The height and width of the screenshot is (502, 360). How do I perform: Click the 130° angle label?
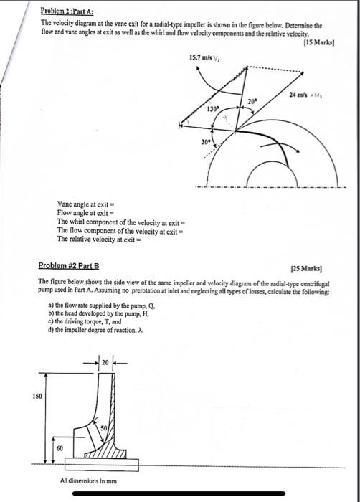tap(212, 109)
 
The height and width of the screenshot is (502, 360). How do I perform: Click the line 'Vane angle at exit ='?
tap(85, 204)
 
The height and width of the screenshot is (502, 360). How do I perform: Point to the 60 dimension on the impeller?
tap(59, 447)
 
